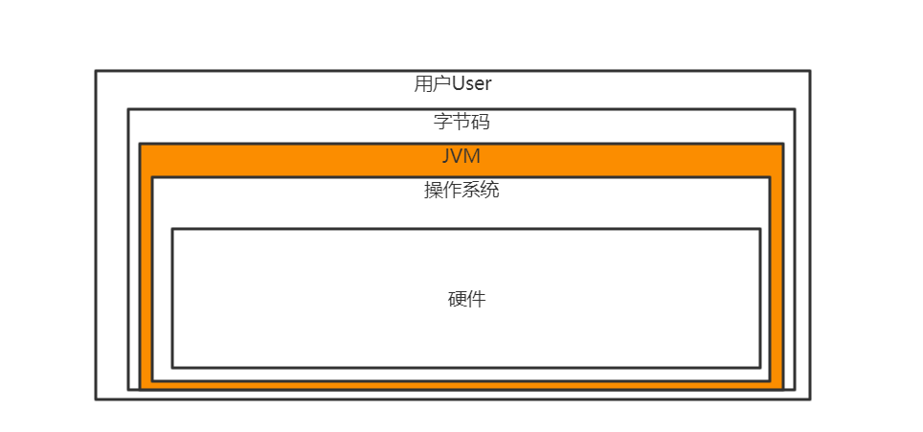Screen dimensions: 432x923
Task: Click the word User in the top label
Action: click(x=471, y=84)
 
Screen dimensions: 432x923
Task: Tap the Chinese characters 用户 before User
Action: click(x=432, y=84)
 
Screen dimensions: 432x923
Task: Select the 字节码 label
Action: click(x=461, y=122)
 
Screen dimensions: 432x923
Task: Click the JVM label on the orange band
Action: click(x=461, y=156)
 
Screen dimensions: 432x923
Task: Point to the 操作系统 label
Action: click(x=461, y=190)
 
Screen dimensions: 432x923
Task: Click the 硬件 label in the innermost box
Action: click(x=467, y=299)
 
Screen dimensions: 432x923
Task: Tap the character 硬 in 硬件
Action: click(x=458, y=299)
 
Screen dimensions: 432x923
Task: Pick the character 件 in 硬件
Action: click(x=477, y=299)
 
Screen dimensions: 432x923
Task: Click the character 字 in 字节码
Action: click(x=442, y=122)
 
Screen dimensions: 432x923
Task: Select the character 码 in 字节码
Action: click(x=481, y=122)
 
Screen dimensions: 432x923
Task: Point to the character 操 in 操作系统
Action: click(x=433, y=190)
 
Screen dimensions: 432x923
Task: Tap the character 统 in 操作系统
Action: click(x=490, y=190)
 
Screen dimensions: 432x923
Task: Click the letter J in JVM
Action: click(x=446, y=156)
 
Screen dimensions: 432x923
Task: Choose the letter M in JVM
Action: click(x=473, y=156)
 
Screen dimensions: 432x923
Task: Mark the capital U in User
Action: click(x=457, y=84)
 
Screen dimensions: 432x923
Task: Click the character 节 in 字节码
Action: click(x=461, y=122)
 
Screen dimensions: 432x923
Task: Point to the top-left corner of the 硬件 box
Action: click(x=172, y=229)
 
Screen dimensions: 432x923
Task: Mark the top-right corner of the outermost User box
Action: click(x=809, y=71)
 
